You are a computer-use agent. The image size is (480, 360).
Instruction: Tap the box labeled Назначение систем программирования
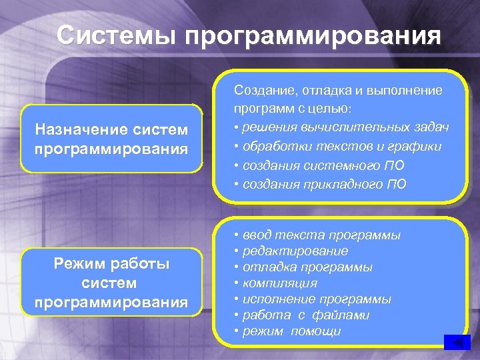pos(111,138)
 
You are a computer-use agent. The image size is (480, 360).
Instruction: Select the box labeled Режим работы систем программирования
pos(111,283)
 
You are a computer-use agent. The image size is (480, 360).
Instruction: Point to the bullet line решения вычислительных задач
pos(341,127)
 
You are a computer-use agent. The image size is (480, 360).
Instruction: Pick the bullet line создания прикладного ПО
pos(319,183)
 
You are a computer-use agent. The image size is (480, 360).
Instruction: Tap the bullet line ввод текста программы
pos(317,235)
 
